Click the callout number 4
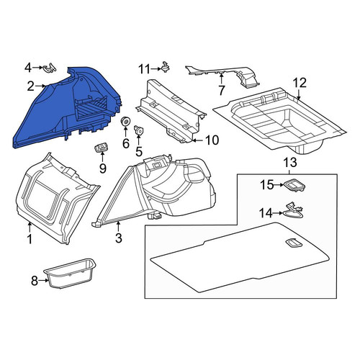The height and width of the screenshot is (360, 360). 28,68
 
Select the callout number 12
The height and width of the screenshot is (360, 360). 300,83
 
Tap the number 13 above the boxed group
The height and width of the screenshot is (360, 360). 290,163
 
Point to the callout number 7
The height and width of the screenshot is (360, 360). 221,90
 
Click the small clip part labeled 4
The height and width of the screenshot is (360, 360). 50,68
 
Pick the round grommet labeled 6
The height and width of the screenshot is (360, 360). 125,120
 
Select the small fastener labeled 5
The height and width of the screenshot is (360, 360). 138,130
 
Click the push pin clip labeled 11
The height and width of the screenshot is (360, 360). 166,66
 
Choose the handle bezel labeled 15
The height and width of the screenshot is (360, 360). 294,185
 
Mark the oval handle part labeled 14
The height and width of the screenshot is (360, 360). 293,210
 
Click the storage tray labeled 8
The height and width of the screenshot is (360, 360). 71,273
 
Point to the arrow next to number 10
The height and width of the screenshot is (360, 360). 197,140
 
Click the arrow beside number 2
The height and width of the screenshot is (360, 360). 40,86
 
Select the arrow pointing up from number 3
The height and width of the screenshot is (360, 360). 118,228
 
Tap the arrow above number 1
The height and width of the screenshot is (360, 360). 30,228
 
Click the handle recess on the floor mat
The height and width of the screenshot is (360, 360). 294,243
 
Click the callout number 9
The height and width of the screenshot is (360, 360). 103,168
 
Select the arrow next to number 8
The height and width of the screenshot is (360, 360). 44,280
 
